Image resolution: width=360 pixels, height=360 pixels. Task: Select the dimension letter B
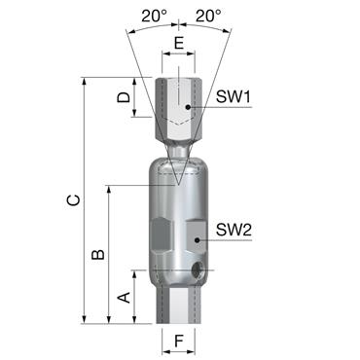(97, 254)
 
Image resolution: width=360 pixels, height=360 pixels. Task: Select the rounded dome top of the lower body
(177, 165)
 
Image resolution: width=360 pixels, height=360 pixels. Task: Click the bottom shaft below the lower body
(177, 306)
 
